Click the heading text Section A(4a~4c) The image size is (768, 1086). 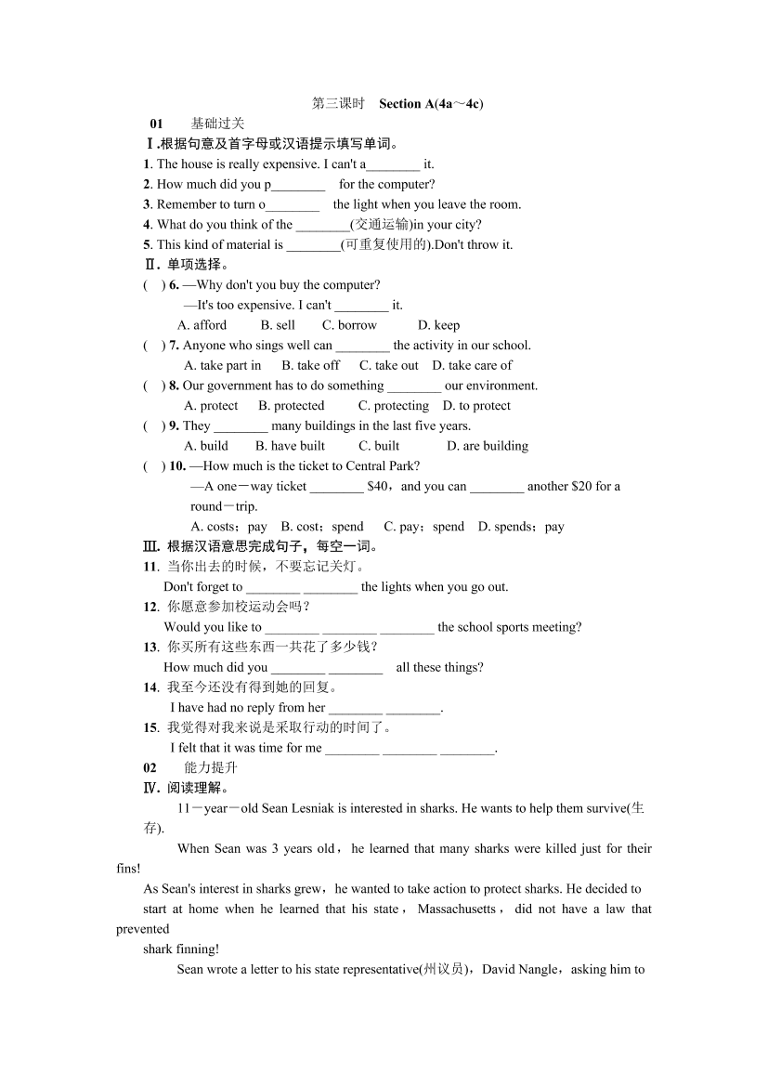coord(431,103)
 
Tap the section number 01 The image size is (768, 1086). coord(156,124)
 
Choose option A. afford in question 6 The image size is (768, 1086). coord(202,325)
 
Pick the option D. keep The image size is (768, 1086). coord(438,325)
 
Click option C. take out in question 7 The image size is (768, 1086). coord(389,365)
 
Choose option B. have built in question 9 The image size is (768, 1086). coord(291,446)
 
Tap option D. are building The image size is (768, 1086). coord(488,446)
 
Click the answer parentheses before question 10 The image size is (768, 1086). coord(154,466)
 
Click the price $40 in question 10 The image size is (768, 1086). coord(378,486)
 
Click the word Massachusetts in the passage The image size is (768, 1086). coord(457,909)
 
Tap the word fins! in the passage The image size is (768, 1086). coord(129,869)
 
